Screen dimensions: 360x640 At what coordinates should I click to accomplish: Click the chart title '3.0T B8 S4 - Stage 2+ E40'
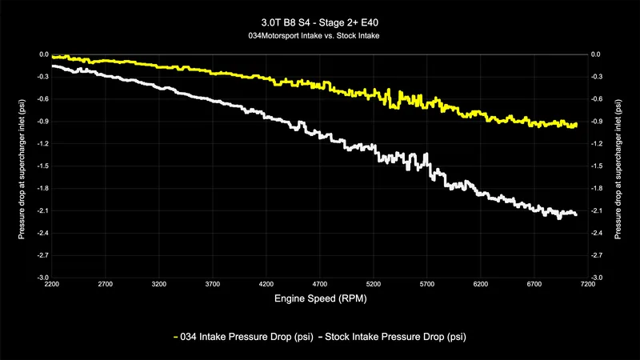[319, 22]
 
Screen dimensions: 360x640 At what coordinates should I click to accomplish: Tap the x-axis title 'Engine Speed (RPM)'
[319, 298]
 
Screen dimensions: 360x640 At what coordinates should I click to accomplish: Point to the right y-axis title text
[618, 166]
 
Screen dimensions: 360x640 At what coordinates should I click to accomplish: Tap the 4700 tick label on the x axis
[319, 284]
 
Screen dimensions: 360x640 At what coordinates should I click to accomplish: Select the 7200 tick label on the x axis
[587, 284]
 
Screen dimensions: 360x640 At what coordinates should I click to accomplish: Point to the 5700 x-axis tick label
[426, 284]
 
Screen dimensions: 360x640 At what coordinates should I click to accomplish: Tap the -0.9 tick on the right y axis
[596, 121]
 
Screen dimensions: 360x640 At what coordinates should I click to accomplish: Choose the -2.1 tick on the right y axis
[596, 210]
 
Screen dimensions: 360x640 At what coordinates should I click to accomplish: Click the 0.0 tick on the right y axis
[596, 54]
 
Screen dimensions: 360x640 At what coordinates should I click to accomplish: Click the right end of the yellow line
[576, 124]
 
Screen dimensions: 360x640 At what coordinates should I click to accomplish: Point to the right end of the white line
[576, 214]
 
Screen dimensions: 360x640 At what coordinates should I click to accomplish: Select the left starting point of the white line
[52, 66]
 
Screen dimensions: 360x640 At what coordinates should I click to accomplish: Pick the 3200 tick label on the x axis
[158, 284]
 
